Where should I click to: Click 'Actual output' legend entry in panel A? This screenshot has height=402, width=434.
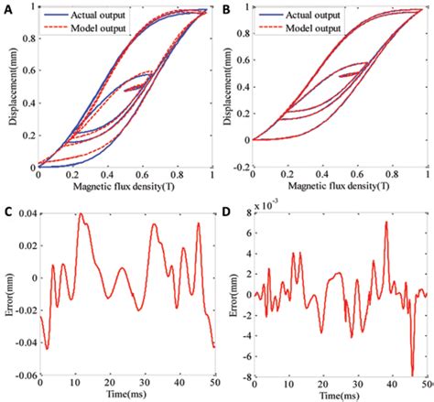(94, 16)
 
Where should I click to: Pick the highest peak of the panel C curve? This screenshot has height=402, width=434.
(81, 215)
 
